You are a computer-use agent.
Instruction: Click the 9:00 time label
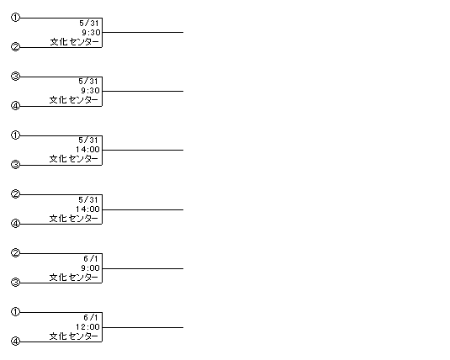[90, 268]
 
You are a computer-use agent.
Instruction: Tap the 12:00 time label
[87, 327]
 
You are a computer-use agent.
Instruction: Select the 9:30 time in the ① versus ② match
[91, 33]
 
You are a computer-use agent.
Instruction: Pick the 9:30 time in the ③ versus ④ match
[90, 91]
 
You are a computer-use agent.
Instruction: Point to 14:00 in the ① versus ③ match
[87, 150]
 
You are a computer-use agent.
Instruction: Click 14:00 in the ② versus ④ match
[87, 209]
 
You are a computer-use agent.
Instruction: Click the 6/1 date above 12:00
[91, 317]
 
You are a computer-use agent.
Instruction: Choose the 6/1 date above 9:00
[91, 259]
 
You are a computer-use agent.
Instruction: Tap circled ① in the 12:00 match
[15, 312]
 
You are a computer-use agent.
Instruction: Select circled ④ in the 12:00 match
[15, 341]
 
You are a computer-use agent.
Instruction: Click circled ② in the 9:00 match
[15, 253]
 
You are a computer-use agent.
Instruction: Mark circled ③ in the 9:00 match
[15, 283]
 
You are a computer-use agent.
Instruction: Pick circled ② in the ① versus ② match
[15, 47]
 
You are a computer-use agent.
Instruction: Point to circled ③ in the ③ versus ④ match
[15, 77]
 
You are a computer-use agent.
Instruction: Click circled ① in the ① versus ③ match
[15, 135]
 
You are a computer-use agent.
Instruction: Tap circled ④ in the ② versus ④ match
[15, 224]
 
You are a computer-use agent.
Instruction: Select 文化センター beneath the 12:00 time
[74, 336]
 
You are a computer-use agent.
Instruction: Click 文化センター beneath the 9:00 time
[74, 278]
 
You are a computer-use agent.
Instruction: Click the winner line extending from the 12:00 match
[143, 327]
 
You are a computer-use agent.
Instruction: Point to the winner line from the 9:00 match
[143, 268]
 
